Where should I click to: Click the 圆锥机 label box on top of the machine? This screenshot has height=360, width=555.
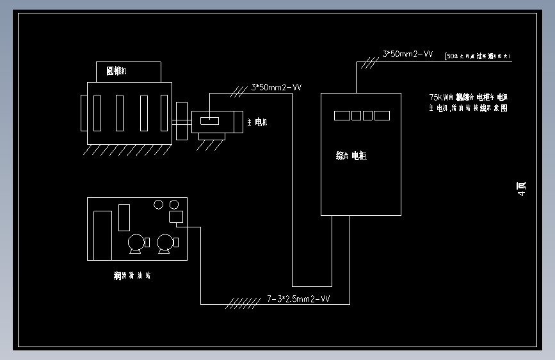pyautogui.click(x=128, y=71)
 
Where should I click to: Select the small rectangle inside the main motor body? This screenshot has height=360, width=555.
pyautogui.click(x=209, y=120)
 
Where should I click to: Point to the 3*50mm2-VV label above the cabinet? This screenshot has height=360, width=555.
pyautogui.click(x=408, y=55)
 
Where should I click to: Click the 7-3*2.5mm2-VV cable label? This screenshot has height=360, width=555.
pyautogui.click(x=298, y=299)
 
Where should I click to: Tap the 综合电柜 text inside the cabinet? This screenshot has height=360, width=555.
pyautogui.click(x=351, y=156)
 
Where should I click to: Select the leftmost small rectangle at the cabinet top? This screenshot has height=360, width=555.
pyautogui.click(x=341, y=115)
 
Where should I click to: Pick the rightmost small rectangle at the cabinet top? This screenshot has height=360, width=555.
pyautogui.click(x=382, y=115)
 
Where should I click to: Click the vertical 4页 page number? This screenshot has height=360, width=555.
pyautogui.click(x=521, y=188)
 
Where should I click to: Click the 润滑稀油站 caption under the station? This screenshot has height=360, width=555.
pyautogui.click(x=132, y=276)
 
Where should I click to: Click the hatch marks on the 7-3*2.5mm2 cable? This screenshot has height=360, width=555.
pyautogui.click(x=242, y=301)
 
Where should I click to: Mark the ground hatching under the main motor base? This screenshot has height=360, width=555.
pyautogui.click(x=209, y=145)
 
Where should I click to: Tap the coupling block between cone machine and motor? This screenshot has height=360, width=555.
pyautogui.click(x=181, y=120)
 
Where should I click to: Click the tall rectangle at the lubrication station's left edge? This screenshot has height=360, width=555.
pyautogui.click(x=102, y=235)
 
